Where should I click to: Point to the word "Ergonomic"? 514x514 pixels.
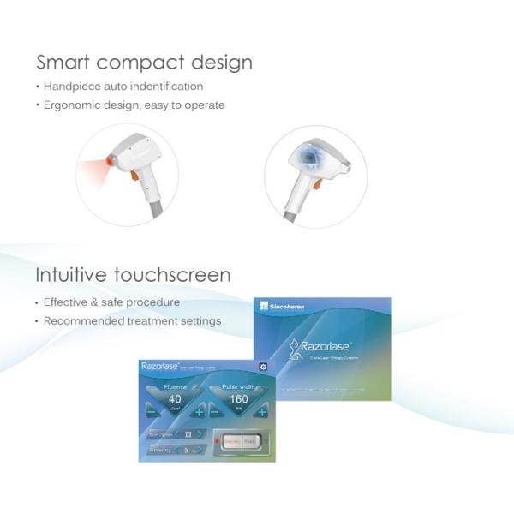[75, 105]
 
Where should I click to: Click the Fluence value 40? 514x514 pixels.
[175, 399]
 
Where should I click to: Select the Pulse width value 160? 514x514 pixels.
[238, 399]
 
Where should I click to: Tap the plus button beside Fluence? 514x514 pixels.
[199, 412]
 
